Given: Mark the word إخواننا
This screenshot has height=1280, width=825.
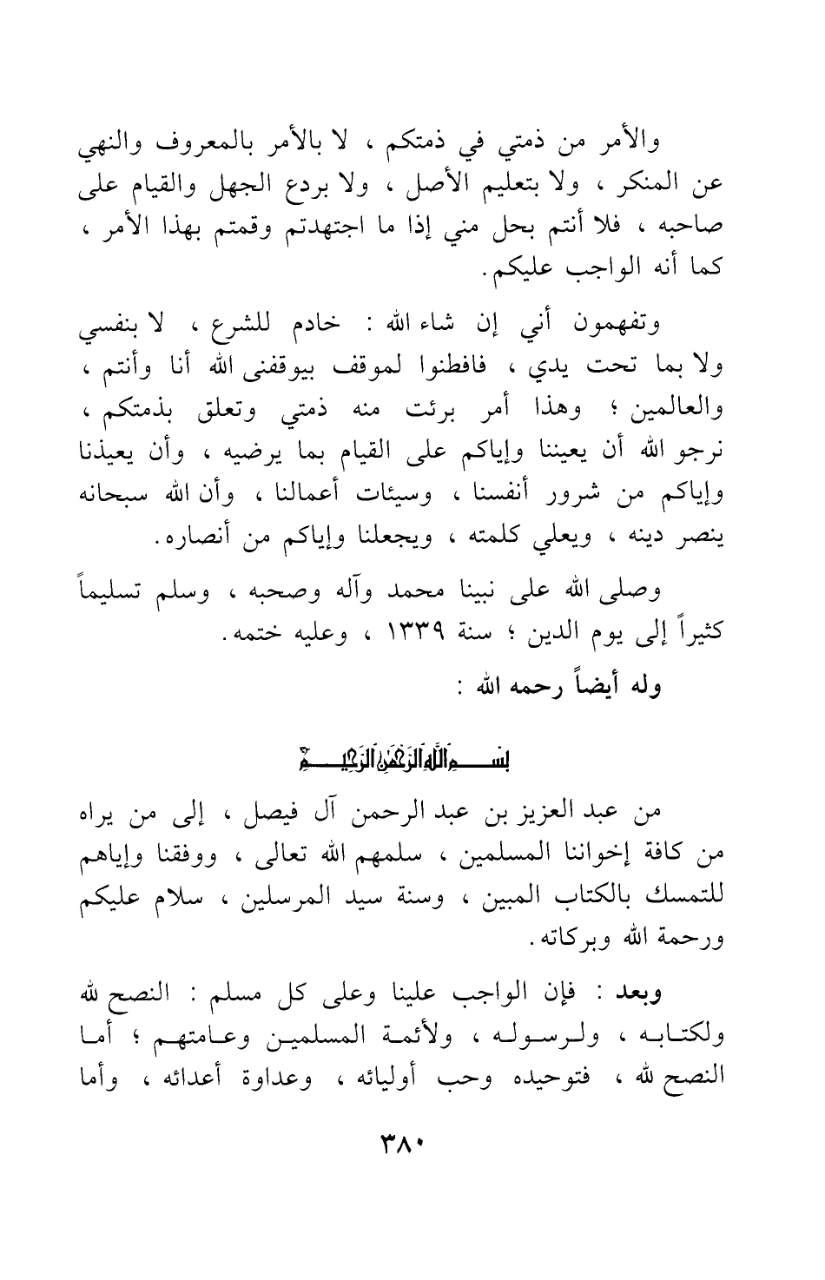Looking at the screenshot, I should coord(577,858).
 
